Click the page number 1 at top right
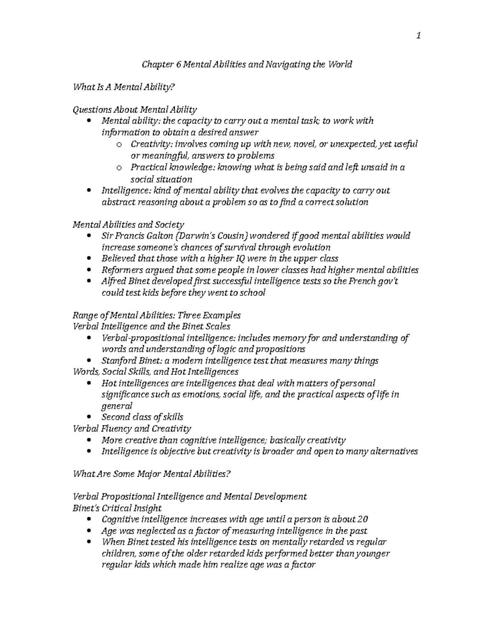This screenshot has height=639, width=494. pyautogui.click(x=418, y=36)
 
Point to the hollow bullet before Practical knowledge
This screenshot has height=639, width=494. pyautogui.click(x=119, y=167)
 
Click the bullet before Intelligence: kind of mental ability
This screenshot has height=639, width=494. pyautogui.click(x=90, y=191)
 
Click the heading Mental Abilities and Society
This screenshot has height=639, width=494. pyautogui.click(x=128, y=225)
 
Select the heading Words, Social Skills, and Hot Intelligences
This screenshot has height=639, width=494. pyautogui.click(x=155, y=372)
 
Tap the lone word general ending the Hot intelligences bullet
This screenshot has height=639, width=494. pyautogui.click(x=117, y=406)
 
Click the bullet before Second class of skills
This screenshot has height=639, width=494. pyautogui.click(x=90, y=417)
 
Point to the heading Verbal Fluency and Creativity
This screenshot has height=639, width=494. pyautogui.click(x=132, y=429)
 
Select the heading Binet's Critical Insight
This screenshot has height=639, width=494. pyautogui.click(x=117, y=508)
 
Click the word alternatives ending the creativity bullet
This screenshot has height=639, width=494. pyautogui.click(x=393, y=451)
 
